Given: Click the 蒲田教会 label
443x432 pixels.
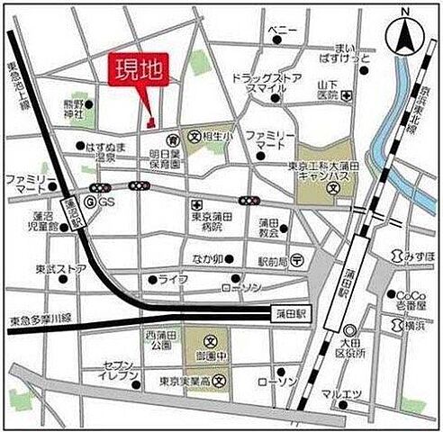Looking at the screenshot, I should tap(268, 228).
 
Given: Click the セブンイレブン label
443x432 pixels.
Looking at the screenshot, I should tap(120, 373).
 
